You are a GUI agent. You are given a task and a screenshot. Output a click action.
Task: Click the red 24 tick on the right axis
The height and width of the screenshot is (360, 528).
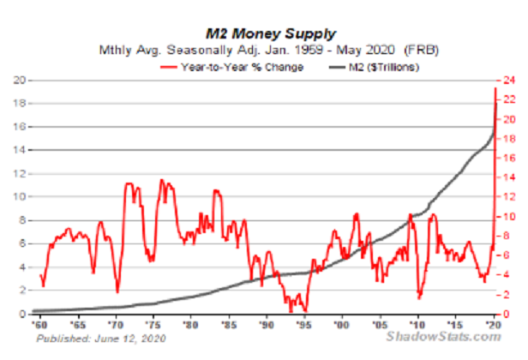click(509, 81)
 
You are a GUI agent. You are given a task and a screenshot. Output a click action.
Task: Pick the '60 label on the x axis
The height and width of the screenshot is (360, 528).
click(39, 327)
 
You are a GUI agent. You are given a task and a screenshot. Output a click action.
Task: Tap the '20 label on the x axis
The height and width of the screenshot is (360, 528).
click(495, 327)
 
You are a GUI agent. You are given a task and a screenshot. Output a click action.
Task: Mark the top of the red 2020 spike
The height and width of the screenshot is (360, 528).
click(495, 89)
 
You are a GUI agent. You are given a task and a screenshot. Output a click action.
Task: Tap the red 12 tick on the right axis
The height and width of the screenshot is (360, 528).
click(509, 198)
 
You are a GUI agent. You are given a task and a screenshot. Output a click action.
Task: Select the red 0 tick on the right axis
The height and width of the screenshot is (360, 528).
click(506, 315)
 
